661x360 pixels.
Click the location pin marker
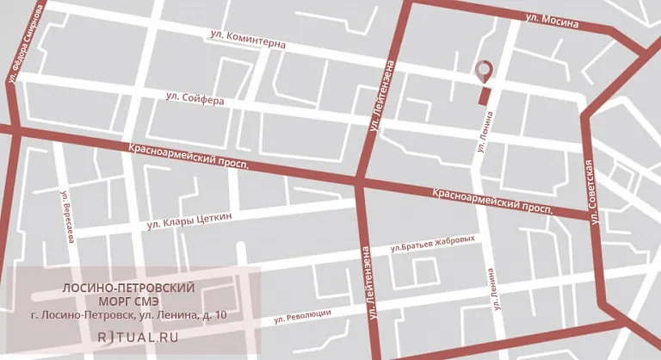485,70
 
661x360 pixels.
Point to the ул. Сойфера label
195,99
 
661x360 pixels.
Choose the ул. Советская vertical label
590,192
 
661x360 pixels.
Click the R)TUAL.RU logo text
139,337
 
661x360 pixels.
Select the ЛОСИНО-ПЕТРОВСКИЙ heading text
130,287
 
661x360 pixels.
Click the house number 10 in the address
220,316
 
